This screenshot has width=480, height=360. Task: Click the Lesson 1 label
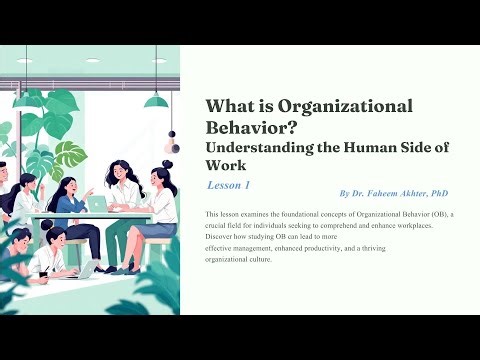tap(230, 185)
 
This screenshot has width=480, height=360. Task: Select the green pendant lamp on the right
tap(156, 100)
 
